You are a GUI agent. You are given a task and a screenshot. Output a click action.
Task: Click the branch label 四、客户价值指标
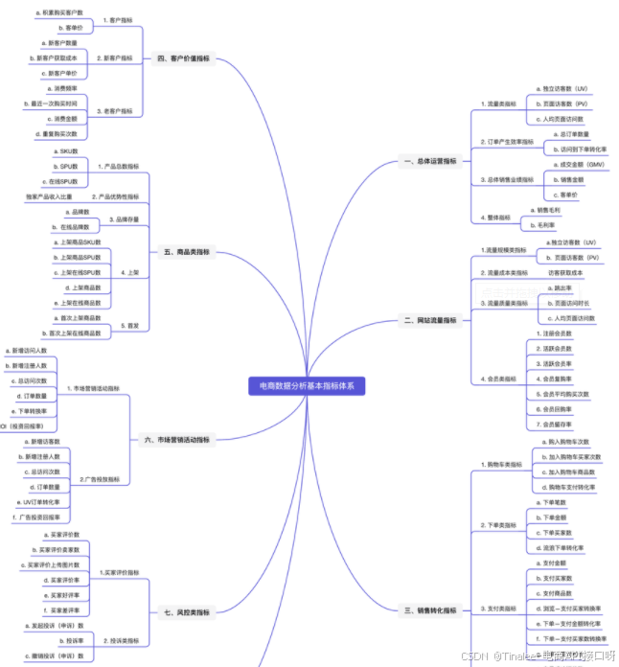(x=184, y=57)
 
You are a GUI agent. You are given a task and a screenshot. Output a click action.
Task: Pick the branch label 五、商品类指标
(x=182, y=252)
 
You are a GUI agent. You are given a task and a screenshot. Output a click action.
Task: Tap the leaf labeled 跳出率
(x=564, y=287)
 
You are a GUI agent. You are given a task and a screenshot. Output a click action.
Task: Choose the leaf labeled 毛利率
(x=547, y=225)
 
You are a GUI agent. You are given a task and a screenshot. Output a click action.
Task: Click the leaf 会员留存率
(x=558, y=424)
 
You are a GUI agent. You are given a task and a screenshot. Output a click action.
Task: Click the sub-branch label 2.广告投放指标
(x=100, y=479)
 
